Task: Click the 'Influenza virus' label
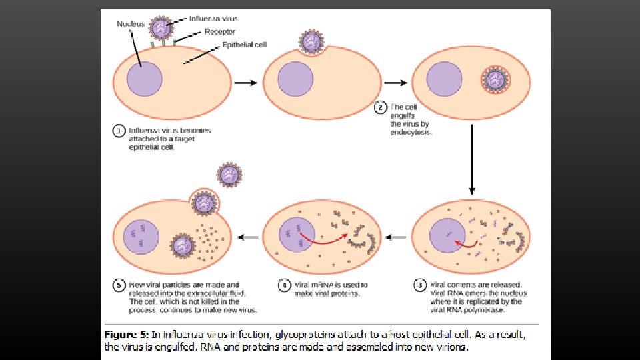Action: coord(213,19)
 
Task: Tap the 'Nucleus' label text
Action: coord(131,25)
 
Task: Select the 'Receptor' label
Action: coord(220,31)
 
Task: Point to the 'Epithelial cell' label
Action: coord(245,45)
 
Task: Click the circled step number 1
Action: coord(118,131)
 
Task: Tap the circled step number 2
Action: coord(381,107)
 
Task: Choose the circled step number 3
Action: coord(420,285)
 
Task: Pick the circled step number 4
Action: coord(284,285)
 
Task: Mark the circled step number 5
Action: coord(119,285)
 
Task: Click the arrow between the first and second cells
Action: coord(245,83)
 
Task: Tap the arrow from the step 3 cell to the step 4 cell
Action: coord(396,237)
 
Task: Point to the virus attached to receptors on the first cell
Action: coord(161,29)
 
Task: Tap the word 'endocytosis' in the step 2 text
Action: coord(410,132)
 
